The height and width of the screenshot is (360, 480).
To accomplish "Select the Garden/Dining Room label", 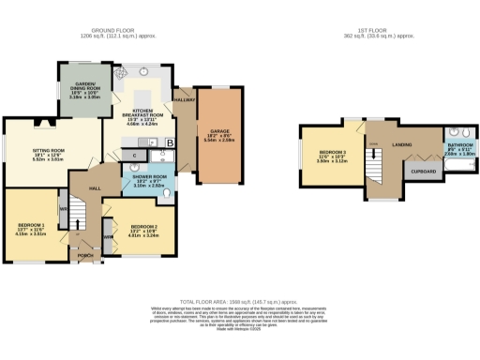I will (80, 90).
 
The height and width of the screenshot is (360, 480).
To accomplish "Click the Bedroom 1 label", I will (33, 227).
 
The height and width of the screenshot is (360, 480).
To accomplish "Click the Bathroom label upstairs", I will (459, 146).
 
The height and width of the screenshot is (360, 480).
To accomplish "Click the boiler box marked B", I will (171, 142).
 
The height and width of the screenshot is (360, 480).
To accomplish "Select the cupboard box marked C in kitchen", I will (135, 155).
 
